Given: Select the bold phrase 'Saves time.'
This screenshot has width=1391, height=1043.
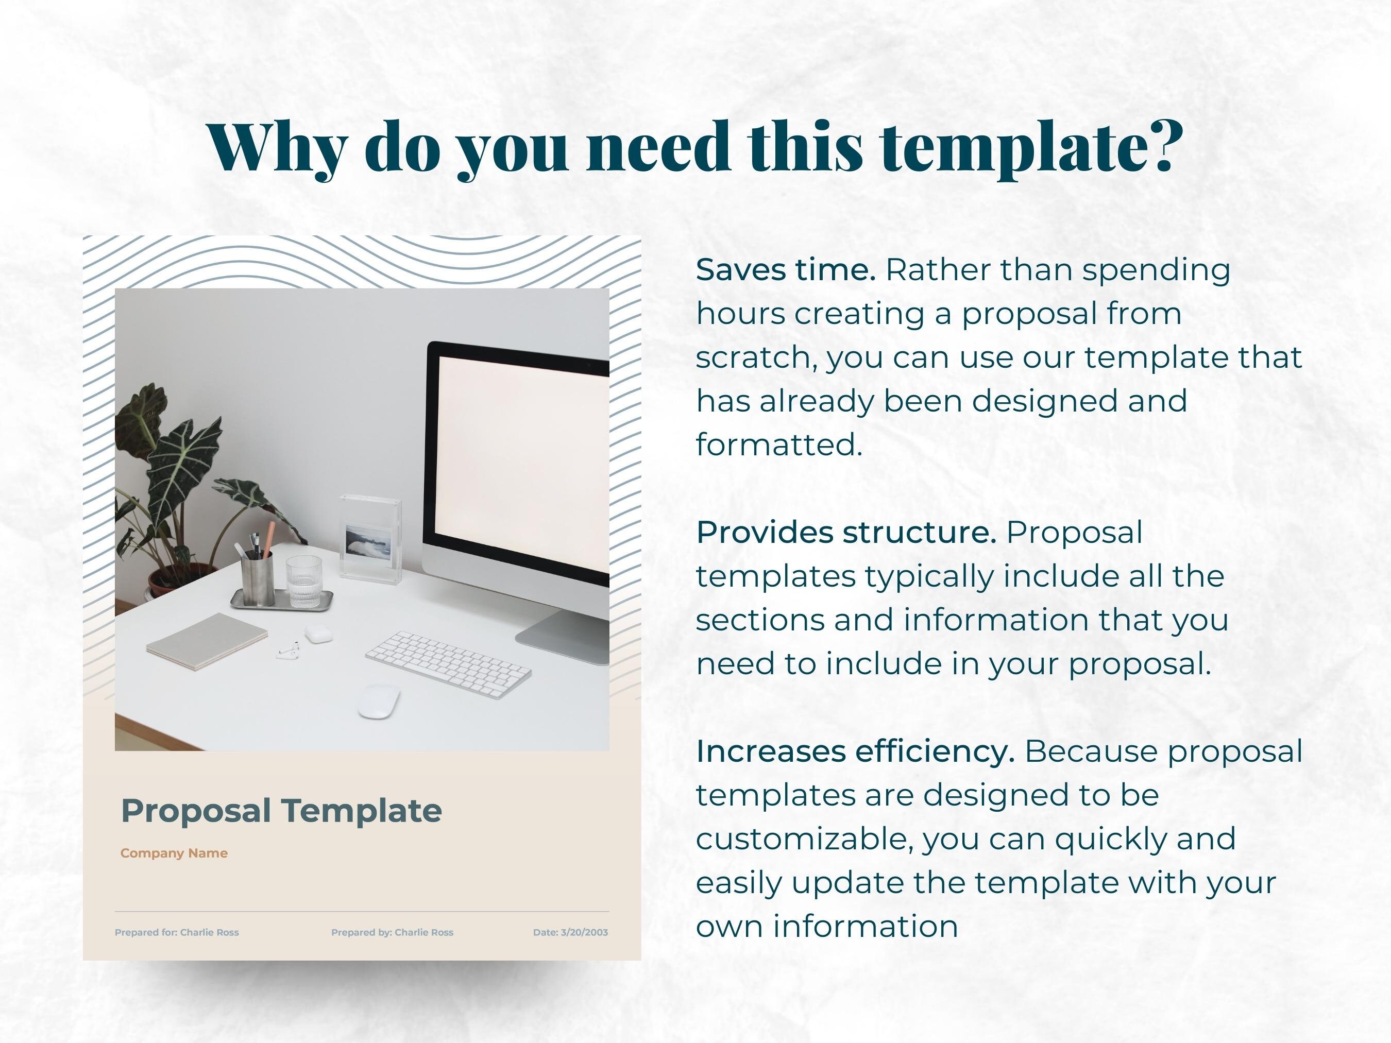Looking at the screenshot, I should [x=786, y=270].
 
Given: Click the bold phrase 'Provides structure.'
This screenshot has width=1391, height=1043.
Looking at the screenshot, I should [x=846, y=533].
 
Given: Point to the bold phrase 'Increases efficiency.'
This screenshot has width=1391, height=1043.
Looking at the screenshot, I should [x=855, y=751].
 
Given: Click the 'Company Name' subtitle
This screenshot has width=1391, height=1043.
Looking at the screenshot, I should [x=174, y=853].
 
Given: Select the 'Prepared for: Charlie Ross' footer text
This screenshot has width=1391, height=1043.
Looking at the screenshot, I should [x=177, y=932].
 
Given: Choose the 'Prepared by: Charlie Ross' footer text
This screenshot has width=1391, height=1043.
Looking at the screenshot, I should [x=393, y=932].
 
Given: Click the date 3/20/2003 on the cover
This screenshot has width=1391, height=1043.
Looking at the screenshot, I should [x=570, y=932].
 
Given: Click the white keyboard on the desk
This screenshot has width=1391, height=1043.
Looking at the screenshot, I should [x=448, y=664].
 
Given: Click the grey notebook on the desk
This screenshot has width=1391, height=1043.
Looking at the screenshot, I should [x=207, y=641].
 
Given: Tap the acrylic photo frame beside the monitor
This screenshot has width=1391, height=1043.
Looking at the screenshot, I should [x=370, y=538].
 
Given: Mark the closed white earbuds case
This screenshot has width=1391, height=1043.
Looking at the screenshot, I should [x=318, y=634].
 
